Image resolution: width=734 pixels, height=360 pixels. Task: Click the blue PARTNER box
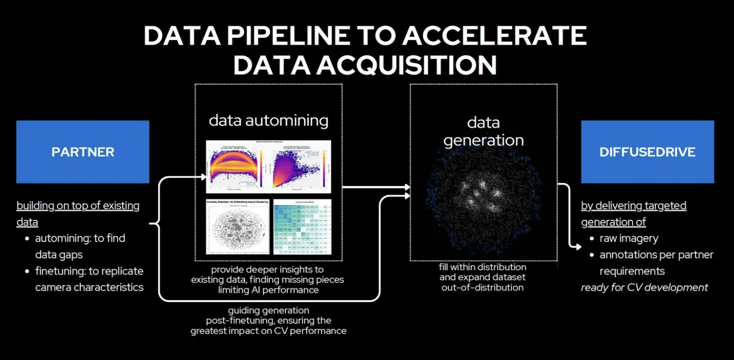coord(82,152)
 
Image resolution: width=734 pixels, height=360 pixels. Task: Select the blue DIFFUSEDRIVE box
coord(647,152)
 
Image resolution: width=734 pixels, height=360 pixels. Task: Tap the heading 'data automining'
coord(268,120)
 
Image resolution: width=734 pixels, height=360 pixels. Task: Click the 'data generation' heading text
coord(483,131)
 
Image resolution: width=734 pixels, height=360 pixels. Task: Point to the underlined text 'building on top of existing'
coord(78,205)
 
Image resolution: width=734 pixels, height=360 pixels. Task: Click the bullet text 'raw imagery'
coord(628,238)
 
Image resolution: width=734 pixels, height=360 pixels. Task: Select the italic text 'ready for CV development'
coord(644,287)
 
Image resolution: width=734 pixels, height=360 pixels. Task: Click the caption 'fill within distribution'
coord(483,267)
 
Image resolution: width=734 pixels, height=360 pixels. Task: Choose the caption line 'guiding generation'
coord(268,310)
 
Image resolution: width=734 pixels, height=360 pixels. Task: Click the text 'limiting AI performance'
coord(268,290)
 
